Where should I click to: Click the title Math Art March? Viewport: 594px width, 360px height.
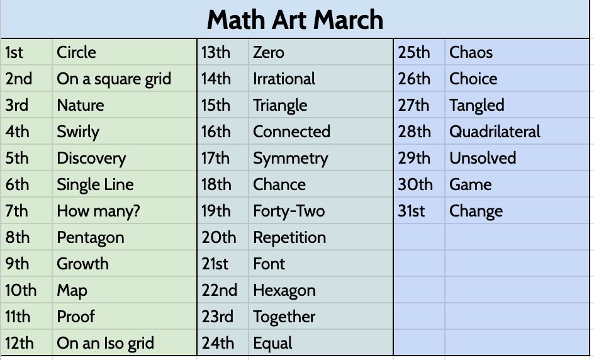294,20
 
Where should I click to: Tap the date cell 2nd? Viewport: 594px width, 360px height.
19,79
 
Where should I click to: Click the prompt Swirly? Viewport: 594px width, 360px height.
78,132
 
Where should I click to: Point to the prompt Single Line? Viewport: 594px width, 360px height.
95,184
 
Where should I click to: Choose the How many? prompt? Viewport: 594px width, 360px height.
98,211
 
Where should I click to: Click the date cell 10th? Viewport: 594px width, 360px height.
21,290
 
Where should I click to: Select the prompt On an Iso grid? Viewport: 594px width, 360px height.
105,343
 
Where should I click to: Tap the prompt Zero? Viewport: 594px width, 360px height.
269,52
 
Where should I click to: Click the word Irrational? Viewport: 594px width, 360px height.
284,79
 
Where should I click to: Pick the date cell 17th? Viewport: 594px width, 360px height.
216,158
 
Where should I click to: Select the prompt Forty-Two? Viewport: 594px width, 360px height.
289,211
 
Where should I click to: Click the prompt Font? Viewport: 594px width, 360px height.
269,264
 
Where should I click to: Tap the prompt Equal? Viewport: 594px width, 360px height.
272,343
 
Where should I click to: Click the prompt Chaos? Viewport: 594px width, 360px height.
471,52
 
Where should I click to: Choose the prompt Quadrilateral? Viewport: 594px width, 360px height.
495,132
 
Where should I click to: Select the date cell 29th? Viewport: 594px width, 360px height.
415,158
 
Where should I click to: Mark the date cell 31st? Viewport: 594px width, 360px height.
412,211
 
